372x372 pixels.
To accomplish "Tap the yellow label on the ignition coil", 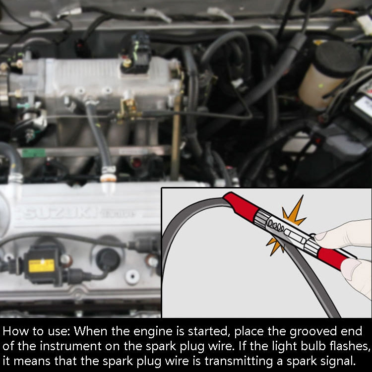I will click(41, 265).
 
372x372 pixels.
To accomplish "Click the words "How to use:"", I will click(36, 331).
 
